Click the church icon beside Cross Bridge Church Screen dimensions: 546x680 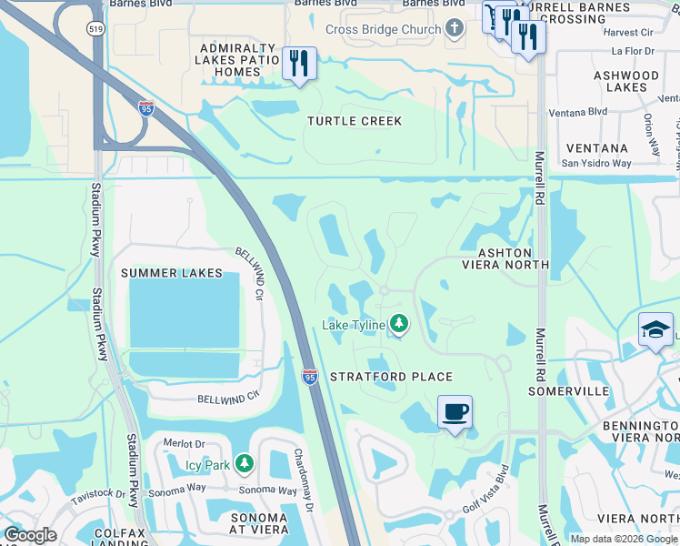click(x=455, y=29)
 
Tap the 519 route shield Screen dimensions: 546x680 click(x=95, y=29)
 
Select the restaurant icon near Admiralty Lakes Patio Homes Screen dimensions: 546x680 click(x=299, y=63)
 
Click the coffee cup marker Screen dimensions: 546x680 click(x=455, y=411)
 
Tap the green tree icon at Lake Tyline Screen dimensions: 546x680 click(x=398, y=324)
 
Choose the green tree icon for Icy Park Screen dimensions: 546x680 click(x=244, y=465)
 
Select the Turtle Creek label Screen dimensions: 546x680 click(x=354, y=121)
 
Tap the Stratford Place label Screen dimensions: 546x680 click(x=391, y=377)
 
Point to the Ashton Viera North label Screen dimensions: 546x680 click(x=505, y=257)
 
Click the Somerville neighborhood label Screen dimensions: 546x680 click(x=569, y=390)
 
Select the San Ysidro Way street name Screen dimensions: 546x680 click(x=595, y=164)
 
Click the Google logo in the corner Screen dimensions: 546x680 click(x=30, y=535)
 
